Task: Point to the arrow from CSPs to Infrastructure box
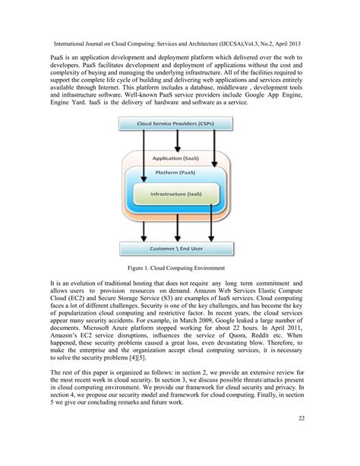click(143, 167)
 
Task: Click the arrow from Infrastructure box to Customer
click(177, 226)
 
